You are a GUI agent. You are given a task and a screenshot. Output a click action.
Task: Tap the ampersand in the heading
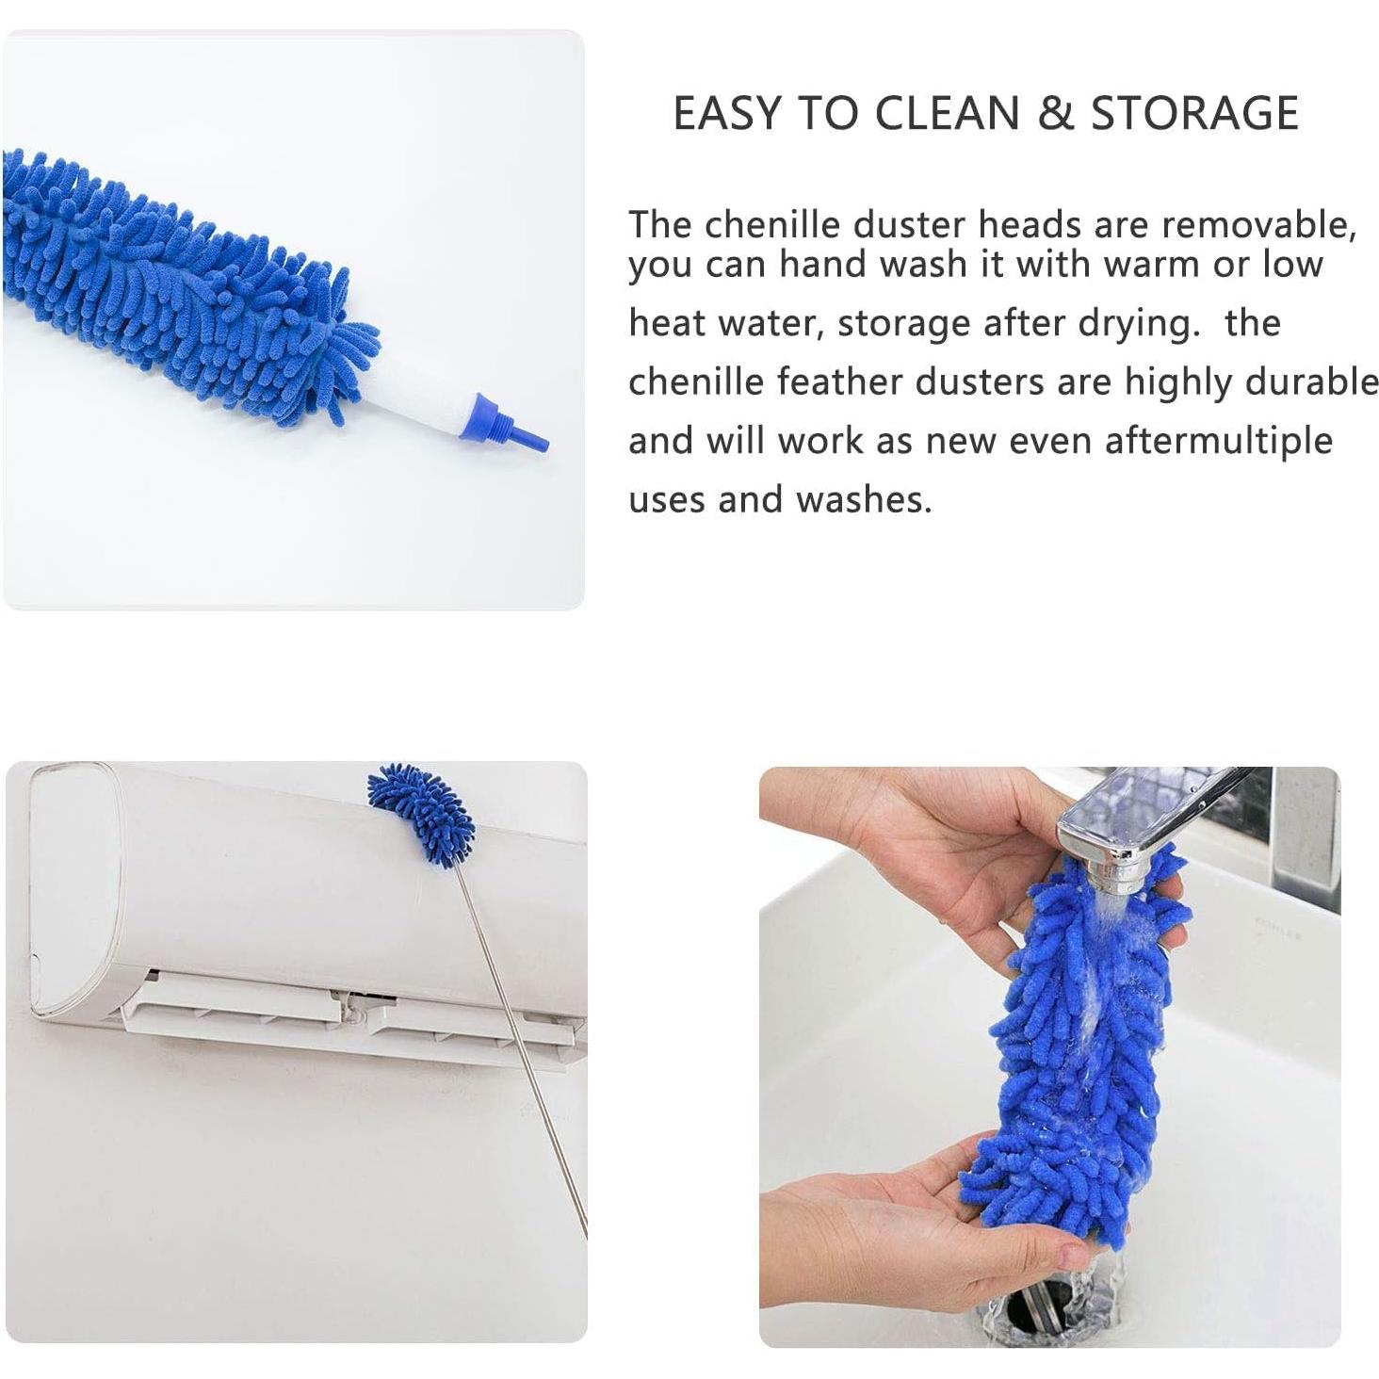(x=1055, y=113)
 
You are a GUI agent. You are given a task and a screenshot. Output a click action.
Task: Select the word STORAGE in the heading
(x=1194, y=113)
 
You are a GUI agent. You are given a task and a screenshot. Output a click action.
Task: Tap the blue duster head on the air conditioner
(x=422, y=812)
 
